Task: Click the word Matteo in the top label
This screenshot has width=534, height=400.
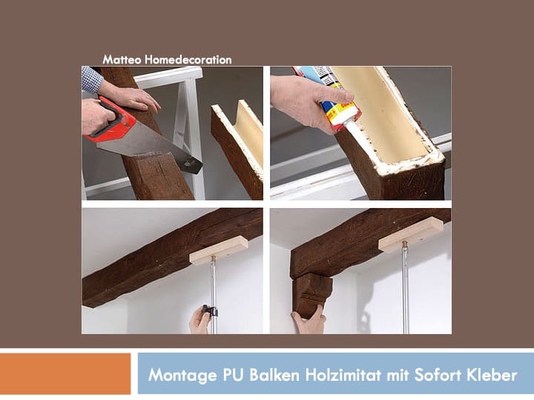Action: click(118, 59)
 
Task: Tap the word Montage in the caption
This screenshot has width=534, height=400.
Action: click(178, 374)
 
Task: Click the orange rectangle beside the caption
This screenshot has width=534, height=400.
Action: click(65, 373)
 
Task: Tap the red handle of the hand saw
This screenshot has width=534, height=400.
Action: click(111, 123)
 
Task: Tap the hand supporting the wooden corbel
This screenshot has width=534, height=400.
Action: click(308, 321)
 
